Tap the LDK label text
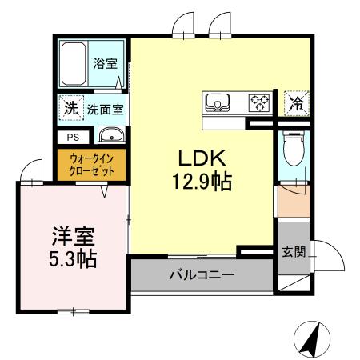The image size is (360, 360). click(200, 158)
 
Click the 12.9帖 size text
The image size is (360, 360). click(200, 182)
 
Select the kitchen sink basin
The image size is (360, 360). click(218, 102)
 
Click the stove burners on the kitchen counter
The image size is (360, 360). click(259, 102)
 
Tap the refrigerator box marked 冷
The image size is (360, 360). click(296, 102)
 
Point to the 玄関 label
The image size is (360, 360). click(293, 252)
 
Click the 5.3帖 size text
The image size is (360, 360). click(73, 260)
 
